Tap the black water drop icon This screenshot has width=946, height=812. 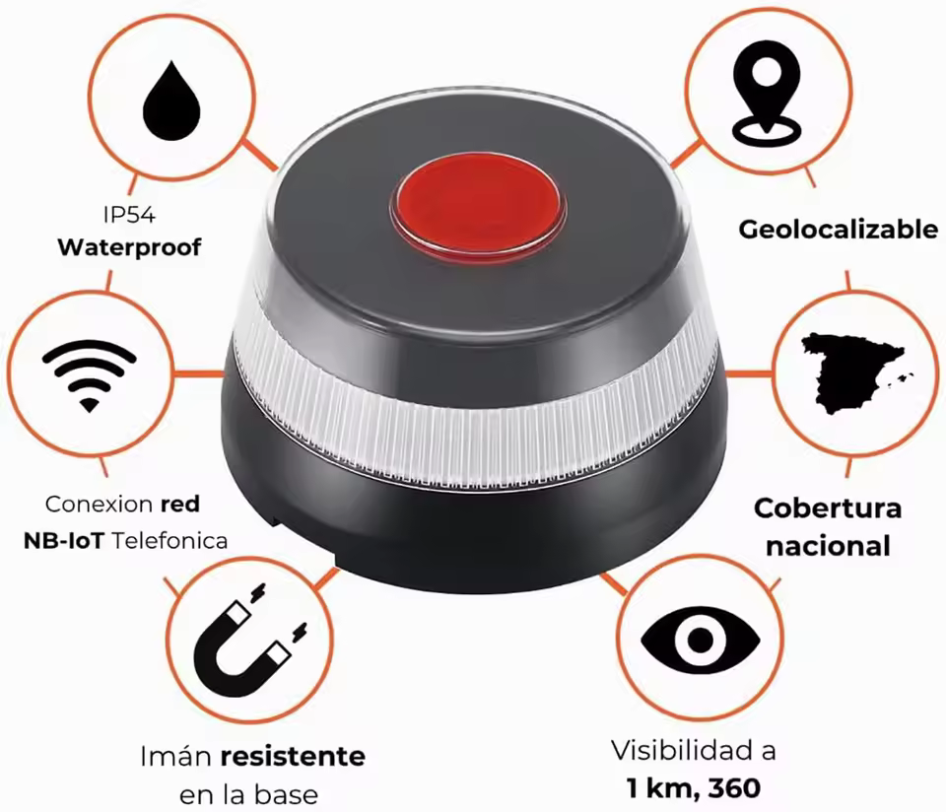(171, 101)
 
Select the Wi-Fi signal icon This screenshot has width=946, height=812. (90, 375)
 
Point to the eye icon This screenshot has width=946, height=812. (700, 641)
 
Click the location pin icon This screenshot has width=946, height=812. (767, 94)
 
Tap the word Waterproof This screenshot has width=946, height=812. (129, 247)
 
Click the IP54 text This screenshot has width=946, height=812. (129, 215)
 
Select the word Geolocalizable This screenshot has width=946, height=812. (838, 230)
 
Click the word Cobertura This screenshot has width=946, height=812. (827, 508)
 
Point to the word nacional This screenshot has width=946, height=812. (828, 547)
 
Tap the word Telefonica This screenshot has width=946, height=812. (169, 541)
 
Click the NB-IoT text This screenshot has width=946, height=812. (63, 541)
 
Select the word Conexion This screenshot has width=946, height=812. (99, 505)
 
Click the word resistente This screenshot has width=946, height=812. (293, 757)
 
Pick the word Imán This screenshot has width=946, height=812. (176, 757)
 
